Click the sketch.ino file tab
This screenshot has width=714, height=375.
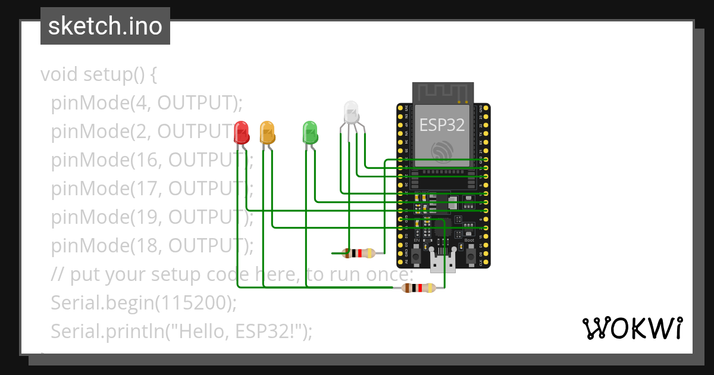(105, 26)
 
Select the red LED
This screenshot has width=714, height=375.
(242, 132)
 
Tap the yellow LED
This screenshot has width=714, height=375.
(267, 132)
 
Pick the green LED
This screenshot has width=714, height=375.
(310, 132)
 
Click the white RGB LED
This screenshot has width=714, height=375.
(352, 112)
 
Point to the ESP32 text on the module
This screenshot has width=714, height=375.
(441, 124)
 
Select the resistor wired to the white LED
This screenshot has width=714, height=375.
(359, 253)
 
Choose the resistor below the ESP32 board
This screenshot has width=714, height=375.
(419, 289)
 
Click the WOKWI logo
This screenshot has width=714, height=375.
(632, 328)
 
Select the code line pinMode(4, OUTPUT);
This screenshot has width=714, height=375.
(147, 103)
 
